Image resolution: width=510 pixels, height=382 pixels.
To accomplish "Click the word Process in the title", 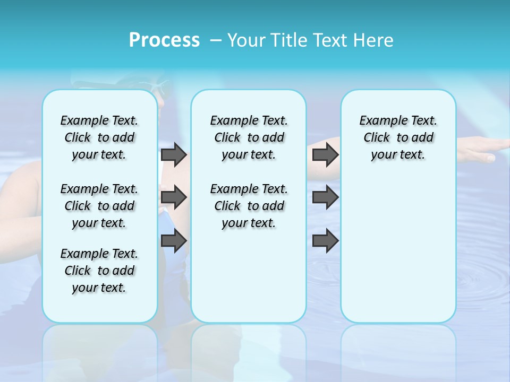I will [x=164, y=40].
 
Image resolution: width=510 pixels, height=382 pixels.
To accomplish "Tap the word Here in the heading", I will [x=374, y=40].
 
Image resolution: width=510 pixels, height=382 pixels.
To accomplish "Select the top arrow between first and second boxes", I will [x=174, y=154].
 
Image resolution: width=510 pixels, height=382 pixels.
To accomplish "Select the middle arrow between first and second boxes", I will [x=174, y=197].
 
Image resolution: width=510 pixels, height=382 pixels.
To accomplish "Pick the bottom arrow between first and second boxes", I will [x=174, y=241].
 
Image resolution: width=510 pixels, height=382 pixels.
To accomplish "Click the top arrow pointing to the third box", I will [x=325, y=154].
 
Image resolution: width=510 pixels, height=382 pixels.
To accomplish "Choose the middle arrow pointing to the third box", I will [x=325, y=197].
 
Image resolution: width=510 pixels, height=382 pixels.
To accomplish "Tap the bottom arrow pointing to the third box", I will [x=325, y=241].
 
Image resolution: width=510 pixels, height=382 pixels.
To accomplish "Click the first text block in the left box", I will [x=99, y=137].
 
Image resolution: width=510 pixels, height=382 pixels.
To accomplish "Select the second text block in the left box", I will [x=99, y=206].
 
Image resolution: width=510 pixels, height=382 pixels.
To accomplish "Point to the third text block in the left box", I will [x=99, y=271].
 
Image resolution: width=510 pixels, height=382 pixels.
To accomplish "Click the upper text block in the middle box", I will [x=249, y=137].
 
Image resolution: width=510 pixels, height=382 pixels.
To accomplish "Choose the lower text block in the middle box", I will [x=249, y=206].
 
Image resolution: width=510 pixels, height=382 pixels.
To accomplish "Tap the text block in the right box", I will [x=398, y=137].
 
